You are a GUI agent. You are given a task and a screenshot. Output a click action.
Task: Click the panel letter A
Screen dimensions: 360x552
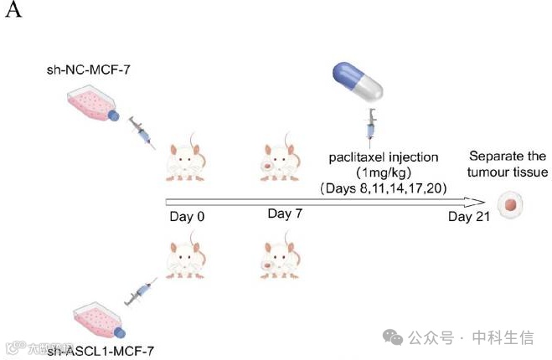[12, 14]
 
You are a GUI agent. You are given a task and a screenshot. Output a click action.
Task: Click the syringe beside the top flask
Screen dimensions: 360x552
[141, 133]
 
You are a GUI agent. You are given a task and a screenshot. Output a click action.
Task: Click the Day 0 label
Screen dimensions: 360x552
[187, 216]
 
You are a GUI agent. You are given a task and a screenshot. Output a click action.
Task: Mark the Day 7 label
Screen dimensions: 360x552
[284, 215]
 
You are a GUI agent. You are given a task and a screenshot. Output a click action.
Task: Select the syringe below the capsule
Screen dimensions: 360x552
[369, 127]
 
